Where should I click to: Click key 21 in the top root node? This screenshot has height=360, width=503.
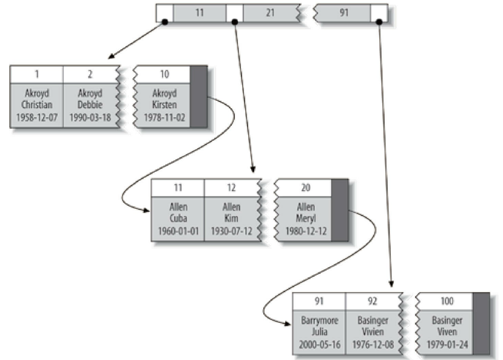(270, 12)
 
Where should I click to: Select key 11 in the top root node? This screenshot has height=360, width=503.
(200, 12)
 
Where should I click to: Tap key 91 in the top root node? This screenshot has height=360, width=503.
(344, 12)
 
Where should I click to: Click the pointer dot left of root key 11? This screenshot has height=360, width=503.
(164, 22)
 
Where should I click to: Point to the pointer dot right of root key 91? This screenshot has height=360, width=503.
(379, 22)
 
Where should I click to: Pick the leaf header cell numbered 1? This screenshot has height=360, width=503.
(36, 74)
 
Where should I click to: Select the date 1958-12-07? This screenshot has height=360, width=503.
(36, 117)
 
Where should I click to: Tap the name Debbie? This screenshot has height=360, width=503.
(90, 105)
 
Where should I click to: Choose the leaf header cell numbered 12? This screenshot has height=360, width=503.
(231, 188)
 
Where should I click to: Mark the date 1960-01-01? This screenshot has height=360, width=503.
(178, 231)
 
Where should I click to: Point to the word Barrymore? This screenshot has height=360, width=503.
(319, 321)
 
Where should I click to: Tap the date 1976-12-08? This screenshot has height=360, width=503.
(373, 344)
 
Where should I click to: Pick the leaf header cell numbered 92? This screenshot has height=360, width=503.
(373, 301)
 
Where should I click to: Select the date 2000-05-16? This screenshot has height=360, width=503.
(319, 344)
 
